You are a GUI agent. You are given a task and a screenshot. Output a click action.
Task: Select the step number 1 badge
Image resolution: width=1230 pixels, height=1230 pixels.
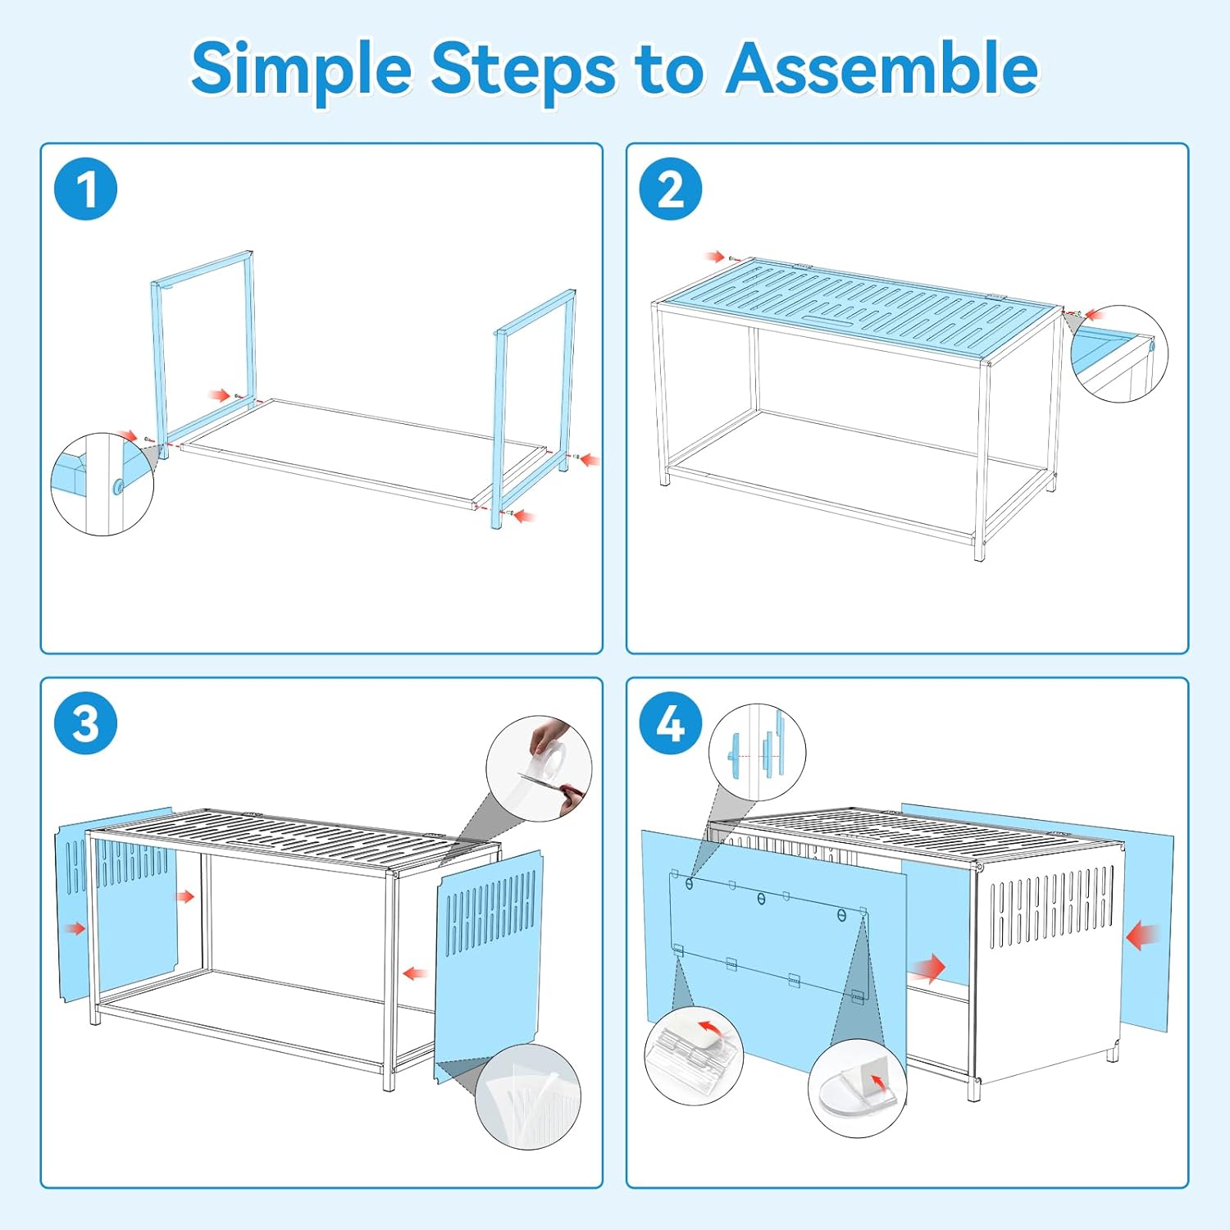[x=85, y=189]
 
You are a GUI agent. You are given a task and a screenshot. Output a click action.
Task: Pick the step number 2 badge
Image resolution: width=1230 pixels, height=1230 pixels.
[x=671, y=189]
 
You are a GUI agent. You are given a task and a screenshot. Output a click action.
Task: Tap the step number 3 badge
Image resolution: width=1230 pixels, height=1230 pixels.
[x=85, y=724]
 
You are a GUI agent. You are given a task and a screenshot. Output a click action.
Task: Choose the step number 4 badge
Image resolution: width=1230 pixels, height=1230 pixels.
[x=671, y=724]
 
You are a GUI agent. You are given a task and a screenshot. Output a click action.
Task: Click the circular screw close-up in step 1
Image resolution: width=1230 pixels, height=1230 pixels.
[x=102, y=485]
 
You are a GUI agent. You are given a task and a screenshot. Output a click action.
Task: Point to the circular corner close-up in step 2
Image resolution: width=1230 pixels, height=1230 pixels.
[x=1119, y=354]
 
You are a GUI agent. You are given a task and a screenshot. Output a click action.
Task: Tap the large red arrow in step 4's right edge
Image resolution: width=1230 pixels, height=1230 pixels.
[x=1142, y=936]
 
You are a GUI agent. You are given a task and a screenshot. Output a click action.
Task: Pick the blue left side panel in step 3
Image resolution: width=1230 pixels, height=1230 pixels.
[x=117, y=902]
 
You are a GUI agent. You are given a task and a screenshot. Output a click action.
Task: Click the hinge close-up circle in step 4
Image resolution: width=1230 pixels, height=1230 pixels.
[x=693, y=1057]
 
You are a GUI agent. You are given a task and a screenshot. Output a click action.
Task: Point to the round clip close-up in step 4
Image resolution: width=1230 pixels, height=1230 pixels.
[x=858, y=1088]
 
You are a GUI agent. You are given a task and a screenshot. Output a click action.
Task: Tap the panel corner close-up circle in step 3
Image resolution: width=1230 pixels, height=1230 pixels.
[x=528, y=1096]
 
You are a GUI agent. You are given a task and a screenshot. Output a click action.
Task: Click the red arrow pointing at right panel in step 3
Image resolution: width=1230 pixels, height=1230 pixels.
[x=415, y=973]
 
